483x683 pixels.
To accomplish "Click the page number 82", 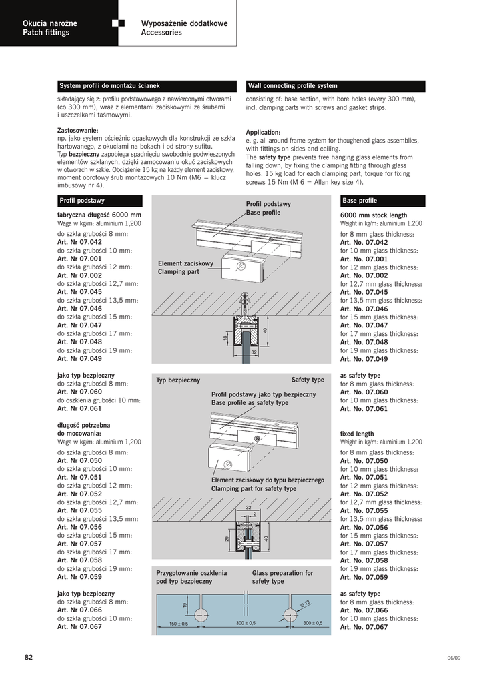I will (x=29, y=657).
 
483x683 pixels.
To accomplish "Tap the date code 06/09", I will (x=454, y=658).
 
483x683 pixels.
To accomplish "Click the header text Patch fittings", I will (x=46, y=33).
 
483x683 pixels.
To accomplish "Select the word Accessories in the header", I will (x=161, y=33).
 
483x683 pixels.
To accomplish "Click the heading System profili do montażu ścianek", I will (x=110, y=86).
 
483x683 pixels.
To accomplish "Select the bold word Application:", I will (x=263, y=132).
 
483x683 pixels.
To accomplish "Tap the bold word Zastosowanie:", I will (x=78, y=130).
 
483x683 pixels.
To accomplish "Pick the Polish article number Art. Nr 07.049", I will (x=79, y=358).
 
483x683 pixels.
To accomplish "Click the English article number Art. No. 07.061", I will (x=364, y=409).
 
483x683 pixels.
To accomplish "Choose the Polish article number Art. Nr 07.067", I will (x=79, y=627).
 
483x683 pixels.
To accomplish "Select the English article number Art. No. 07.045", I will (x=364, y=292).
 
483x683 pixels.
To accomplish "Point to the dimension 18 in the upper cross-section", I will (x=225, y=339).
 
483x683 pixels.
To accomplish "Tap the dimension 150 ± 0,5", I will (x=179, y=624).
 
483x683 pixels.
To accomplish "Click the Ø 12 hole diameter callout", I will (x=305, y=604).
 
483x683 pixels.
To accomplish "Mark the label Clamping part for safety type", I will (x=254, y=489).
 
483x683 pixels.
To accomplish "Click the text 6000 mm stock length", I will (x=373, y=215).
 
